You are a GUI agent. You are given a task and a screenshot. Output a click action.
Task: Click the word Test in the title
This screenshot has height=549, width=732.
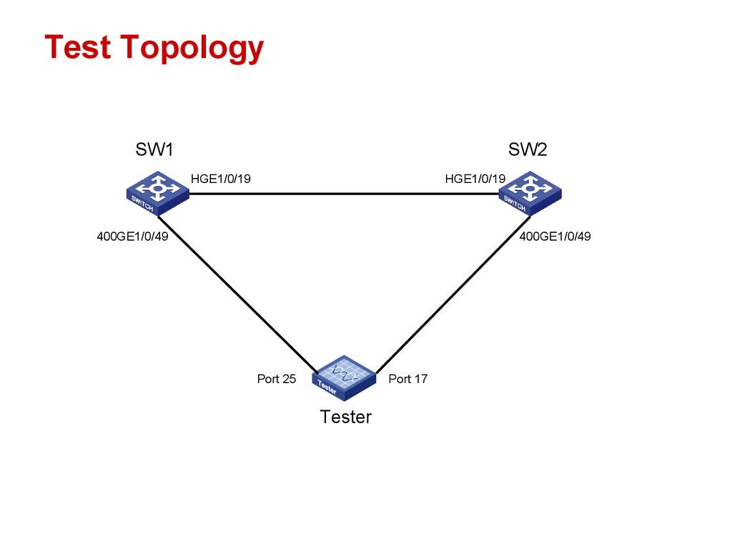tap(77, 47)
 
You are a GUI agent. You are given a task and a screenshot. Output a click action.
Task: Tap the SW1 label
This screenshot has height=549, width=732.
tap(154, 149)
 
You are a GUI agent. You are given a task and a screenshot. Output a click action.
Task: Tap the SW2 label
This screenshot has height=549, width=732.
tap(528, 149)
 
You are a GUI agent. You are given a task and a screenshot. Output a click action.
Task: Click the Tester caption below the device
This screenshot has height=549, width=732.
tap(346, 417)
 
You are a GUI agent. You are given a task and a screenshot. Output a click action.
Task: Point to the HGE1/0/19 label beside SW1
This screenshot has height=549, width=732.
tap(220, 179)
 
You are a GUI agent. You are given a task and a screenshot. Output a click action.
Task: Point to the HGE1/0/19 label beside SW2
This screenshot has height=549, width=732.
tap(475, 179)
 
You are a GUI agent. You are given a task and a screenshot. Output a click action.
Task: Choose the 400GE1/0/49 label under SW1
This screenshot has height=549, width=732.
tap(132, 237)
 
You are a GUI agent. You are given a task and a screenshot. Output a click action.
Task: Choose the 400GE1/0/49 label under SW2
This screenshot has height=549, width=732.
tap(555, 237)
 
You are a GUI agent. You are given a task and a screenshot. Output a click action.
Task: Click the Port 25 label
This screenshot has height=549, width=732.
tap(276, 379)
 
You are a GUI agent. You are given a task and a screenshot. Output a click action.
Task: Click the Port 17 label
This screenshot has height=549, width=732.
tap(407, 379)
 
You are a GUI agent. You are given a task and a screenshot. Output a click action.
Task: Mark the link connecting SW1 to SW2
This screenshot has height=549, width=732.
tap(343, 193)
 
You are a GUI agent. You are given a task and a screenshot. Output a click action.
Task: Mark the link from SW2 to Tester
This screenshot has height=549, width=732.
tap(452, 293)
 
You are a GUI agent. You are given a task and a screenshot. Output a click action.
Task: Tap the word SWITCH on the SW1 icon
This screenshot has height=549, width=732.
tap(142, 203)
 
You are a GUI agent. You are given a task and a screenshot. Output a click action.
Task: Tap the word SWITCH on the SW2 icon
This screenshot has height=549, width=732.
tap(515, 203)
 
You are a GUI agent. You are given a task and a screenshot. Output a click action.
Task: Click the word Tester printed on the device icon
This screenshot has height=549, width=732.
tap(327, 388)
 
